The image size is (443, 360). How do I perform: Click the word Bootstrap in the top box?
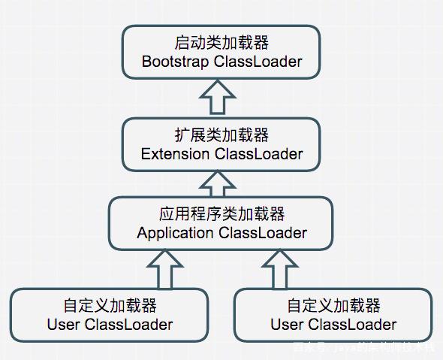(x=175, y=62)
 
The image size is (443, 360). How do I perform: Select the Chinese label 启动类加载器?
(x=221, y=42)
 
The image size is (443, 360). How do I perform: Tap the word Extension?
(x=175, y=154)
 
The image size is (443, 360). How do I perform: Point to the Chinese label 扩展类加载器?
(x=221, y=135)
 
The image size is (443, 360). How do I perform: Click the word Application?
(x=175, y=233)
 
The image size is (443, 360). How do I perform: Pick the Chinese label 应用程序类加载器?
(x=221, y=214)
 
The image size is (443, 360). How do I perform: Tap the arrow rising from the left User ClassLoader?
(x=164, y=269)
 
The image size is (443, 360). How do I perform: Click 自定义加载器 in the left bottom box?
(x=110, y=306)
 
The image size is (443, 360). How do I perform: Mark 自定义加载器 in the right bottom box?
(x=333, y=306)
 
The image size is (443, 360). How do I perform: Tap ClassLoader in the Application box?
(x=263, y=233)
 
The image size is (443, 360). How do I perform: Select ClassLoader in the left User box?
(x=128, y=325)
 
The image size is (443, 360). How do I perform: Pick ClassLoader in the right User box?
(x=351, y=325)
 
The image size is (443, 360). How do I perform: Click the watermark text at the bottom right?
(x=363, y=348)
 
